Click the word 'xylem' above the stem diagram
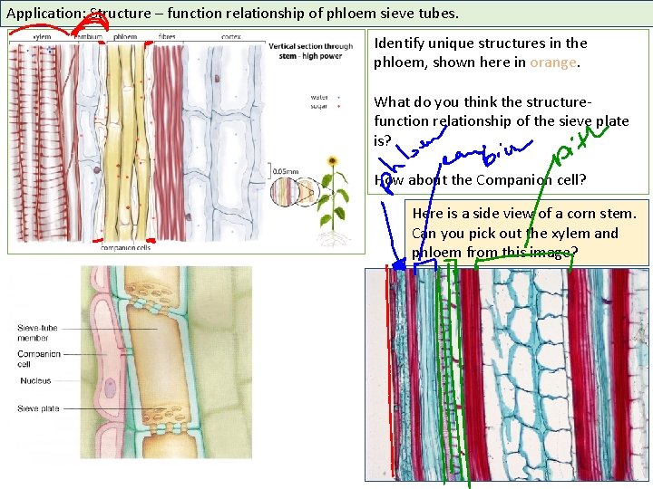pos(42,37)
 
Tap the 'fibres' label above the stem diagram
pos(167,37)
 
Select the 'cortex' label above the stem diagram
pos(230,37)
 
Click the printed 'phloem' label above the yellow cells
pos(126,37)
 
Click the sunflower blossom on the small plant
pos(332,162)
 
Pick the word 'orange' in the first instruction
pos(553,62)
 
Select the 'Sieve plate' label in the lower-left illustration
pos(39,409)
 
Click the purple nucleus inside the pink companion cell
pos(110,388)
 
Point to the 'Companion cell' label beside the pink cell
pos(38,359)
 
